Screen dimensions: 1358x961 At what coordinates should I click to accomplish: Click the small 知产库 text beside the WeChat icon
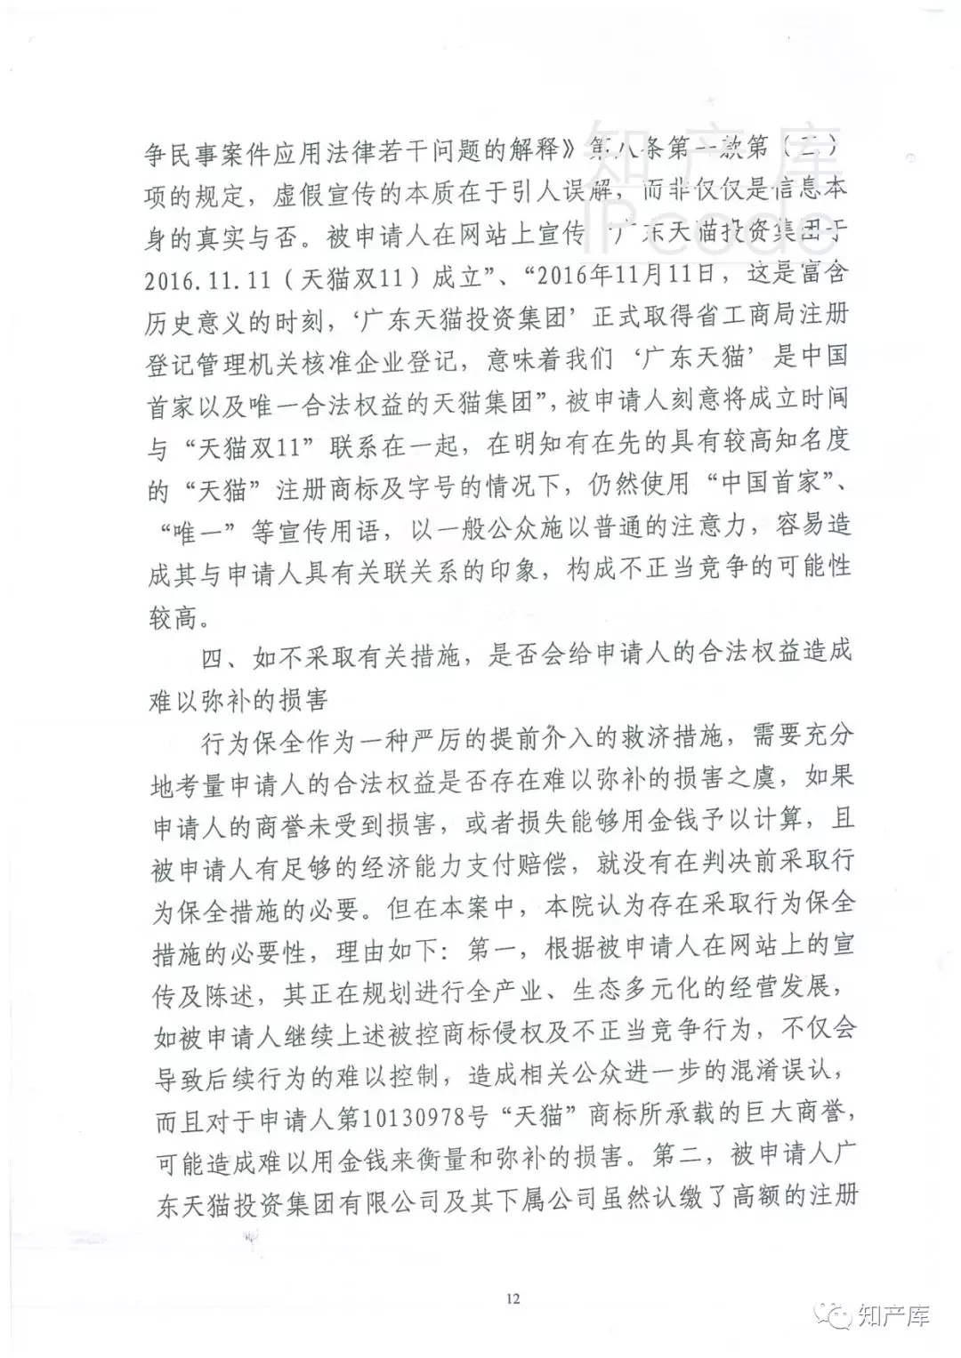tap(893, 1314)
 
